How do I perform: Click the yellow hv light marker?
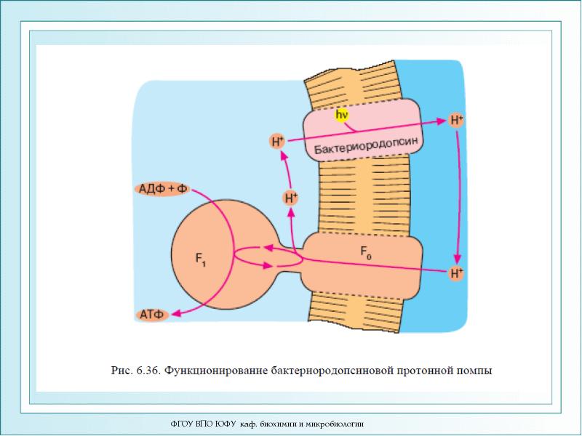tap(342, 115)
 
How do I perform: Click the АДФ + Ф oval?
tap(162, 189)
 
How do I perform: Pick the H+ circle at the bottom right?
tap(457, 273)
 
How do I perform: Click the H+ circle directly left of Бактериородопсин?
tap(277, 141)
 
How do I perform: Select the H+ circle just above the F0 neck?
tap(291, 197)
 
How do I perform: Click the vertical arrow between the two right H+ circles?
tap(458, 196)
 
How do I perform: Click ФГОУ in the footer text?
tap(181, 423)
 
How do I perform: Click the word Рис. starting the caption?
tap(121, 371)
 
